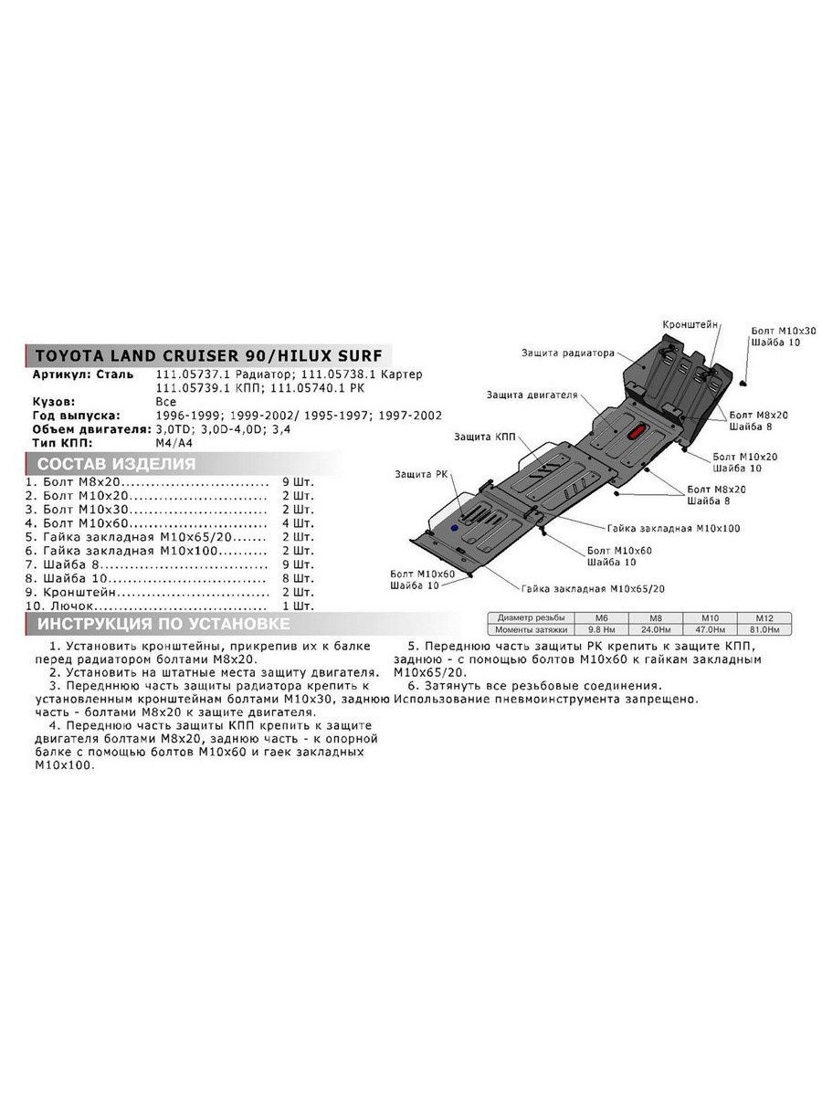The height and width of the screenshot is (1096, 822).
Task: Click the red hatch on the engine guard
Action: pos(638,432)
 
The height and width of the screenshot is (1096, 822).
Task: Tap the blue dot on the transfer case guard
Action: pos(454,528)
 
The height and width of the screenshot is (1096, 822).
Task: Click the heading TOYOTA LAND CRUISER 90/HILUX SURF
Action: pos(208,355)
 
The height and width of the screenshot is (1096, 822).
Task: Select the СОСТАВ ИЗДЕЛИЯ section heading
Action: pos(116,464)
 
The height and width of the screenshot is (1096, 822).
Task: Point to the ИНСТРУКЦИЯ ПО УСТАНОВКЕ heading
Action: pos(163,624)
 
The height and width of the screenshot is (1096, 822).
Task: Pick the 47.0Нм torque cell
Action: pos(710,629)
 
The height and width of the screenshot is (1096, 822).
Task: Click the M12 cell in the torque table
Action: pos(764,618)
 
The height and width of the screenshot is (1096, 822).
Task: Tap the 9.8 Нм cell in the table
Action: pos(601,629)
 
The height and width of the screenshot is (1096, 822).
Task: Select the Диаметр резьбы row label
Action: pos(531,618)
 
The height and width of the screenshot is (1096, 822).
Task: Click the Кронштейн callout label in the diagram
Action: pos(690,324)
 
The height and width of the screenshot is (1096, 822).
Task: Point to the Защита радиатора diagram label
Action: pos(568,353)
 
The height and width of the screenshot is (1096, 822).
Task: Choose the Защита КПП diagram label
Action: pos(484,437)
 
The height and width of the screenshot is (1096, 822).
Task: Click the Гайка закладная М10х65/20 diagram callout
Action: pos(593,589)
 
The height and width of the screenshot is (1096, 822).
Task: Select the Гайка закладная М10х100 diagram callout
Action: pos(674,528)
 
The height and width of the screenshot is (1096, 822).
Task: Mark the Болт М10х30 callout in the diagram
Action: pos(784,331)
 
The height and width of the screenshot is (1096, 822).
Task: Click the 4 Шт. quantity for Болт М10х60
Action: pos(298,523)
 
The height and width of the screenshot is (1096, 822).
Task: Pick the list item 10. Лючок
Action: pos(59,606)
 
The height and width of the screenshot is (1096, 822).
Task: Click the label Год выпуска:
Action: pos(77,416)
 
